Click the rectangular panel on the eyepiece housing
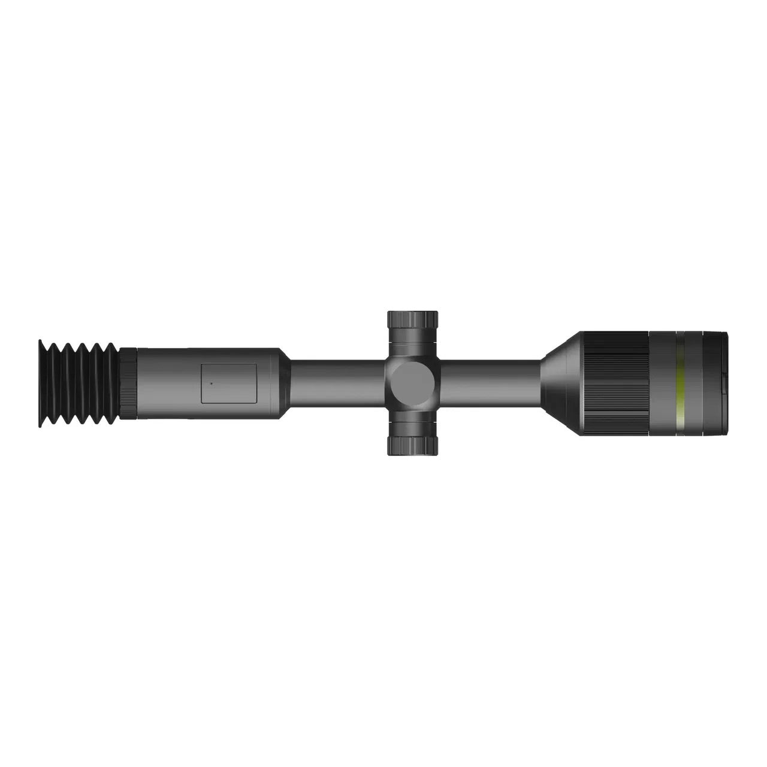point(228,383)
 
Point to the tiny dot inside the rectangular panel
point(211,382)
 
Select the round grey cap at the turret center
point(412,383)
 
